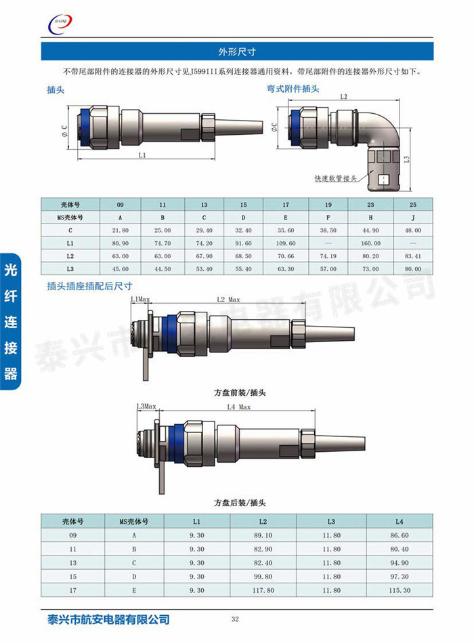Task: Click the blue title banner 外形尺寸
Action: pyautogui.click(x=236, y=51)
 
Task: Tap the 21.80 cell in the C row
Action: pyautogui.click(x=120, y=230)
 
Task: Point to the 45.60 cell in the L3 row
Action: pyautogui.click(x=120, y=269)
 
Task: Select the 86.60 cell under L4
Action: pyautogui.click(x=399, y=535)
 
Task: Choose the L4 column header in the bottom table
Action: pyautogui.click(x=399, y=521)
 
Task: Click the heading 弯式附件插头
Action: pyautogui.click(x=293, y=89)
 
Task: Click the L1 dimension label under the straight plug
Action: pyautogui.click(x=142, y=155)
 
